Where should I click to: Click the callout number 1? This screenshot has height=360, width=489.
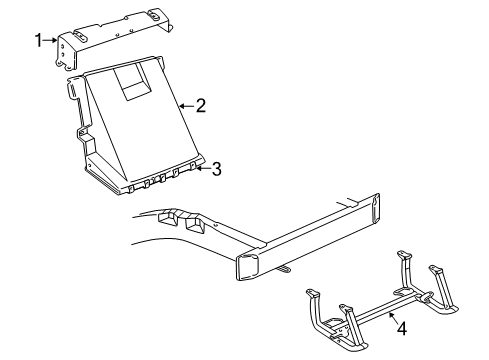click(x=39, y=40)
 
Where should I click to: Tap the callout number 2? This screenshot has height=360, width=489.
click(x=200, y=104)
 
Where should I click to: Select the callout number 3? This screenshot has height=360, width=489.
click(x=216, y=169)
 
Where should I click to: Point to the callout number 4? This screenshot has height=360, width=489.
click(x=400, y=326)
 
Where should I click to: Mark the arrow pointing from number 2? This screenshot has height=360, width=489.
click(x=186, y=104)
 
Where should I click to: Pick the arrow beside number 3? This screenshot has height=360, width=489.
click(x=202, y=169)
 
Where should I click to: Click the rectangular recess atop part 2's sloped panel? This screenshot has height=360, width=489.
click(x=130, y=79)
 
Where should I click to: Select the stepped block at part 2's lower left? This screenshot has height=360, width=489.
click(x=91, y=149)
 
